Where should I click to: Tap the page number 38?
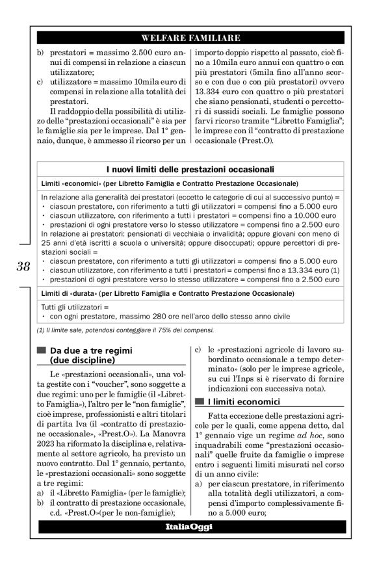point(23,265)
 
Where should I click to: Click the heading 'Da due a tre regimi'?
point(95,350)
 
